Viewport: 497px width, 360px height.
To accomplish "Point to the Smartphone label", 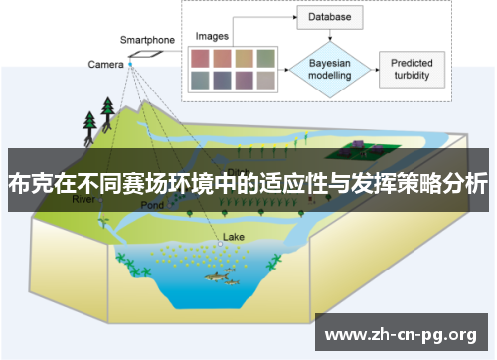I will coord(147,40).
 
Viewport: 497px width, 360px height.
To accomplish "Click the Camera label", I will coord(104,65).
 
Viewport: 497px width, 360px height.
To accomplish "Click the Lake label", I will coord(233,237).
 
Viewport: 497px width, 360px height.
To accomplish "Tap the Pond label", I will coord(151,205).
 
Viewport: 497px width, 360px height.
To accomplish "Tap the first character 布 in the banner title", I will coord(18,184).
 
